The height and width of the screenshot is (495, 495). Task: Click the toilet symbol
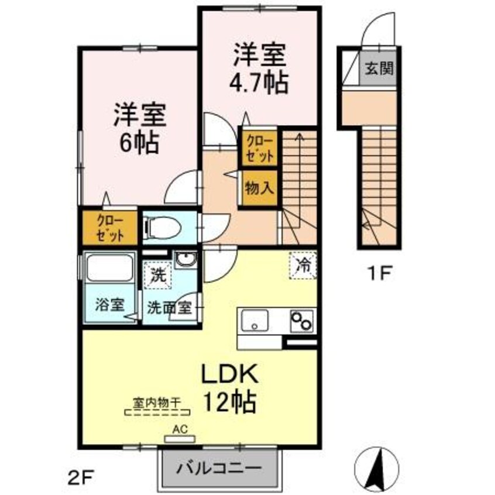coord(163,227)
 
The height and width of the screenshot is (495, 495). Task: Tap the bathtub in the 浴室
coord(109,269)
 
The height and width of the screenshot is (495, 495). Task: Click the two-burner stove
coord(301,321)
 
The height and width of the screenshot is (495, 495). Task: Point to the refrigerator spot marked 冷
coord(304,265)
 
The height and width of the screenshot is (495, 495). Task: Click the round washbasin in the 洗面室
coord(187,260)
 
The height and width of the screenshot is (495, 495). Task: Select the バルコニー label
coord(219,469)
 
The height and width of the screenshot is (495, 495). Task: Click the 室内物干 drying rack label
coord(156,403)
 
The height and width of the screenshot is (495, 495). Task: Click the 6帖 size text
coord(140,142)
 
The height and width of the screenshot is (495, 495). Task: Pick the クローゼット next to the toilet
coord(110,227)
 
